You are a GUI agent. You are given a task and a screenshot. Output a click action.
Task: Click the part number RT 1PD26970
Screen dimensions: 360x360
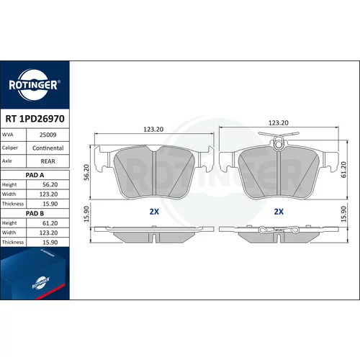click(35, 119)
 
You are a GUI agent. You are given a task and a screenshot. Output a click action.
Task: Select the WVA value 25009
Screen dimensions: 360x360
click(48, 135)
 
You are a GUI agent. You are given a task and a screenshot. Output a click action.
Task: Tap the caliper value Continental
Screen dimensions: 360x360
click(48, 148)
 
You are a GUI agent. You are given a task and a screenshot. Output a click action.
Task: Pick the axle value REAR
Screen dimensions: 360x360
click(48, 161)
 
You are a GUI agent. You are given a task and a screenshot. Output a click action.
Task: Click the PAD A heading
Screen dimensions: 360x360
click(35, 175)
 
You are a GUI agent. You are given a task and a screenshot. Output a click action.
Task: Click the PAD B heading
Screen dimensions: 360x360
click(35, 213)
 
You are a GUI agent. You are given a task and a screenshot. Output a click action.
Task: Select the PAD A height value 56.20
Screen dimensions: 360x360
click(50, 184)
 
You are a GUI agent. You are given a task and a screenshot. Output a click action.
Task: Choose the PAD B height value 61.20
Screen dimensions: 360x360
click(50, 223)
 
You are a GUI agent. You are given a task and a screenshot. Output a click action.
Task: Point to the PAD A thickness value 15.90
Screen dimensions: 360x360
click(50, 204)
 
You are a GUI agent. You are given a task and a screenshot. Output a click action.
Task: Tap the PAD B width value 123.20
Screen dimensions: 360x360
click(48, 233)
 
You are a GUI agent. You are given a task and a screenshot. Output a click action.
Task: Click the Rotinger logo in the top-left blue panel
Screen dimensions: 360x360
click(33, 85)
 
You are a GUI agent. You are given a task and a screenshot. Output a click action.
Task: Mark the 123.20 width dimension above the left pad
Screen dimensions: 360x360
click(153, 130)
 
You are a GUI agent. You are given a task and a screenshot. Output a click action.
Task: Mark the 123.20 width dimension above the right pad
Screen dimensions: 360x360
click(279, 123)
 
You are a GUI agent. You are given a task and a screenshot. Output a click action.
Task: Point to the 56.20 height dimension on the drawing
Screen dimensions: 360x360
click(86, 172)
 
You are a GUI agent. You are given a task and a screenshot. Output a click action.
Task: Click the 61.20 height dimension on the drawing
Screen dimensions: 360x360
click(344, 170)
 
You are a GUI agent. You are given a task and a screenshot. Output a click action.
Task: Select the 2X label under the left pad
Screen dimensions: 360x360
click(154, 212)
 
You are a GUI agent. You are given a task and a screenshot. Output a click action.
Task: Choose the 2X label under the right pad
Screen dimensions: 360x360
click(279, 212)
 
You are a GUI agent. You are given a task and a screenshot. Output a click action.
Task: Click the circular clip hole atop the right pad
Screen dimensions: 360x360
click(278, 145)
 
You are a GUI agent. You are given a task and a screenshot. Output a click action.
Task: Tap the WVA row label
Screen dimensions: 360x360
click(7, 135)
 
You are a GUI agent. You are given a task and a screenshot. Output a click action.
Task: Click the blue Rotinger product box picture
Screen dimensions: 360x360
click(35, 274)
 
